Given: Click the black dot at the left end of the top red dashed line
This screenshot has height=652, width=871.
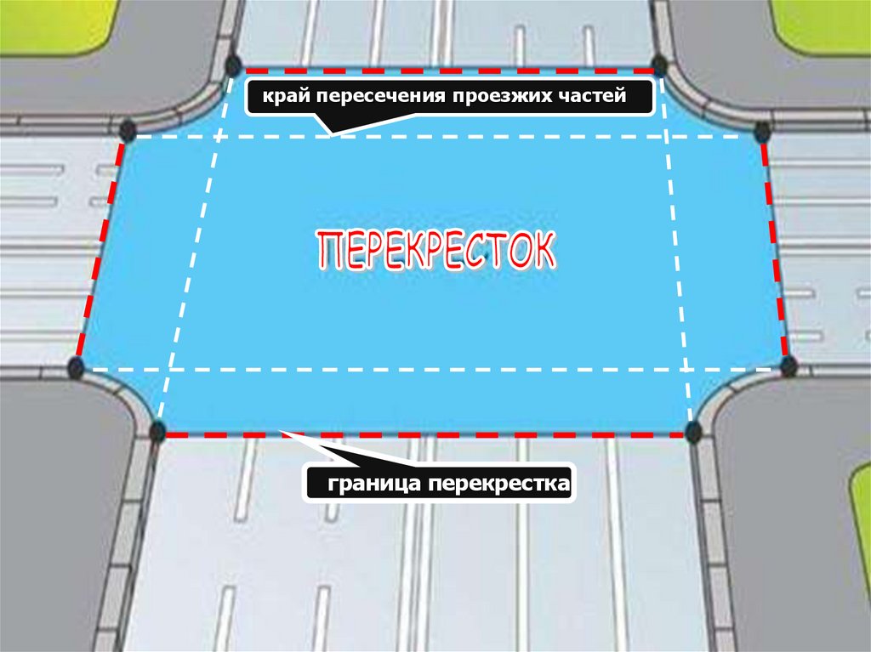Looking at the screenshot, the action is coord(233,65).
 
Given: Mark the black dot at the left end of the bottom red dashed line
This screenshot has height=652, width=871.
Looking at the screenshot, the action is coord(157,431).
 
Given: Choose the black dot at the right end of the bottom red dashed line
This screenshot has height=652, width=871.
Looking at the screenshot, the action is coord(694,431).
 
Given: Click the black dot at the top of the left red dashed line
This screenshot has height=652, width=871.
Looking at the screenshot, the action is coord(128,131).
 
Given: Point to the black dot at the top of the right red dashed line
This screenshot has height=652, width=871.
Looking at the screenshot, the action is coord(762,131).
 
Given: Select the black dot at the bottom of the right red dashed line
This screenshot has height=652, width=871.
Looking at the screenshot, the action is coord(788,366).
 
